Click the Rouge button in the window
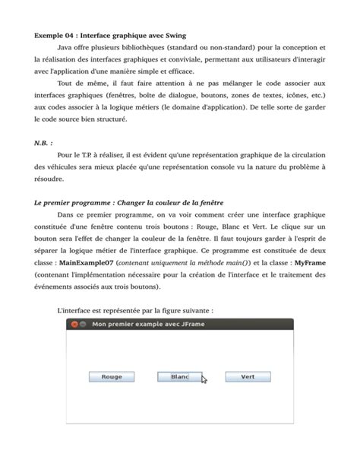112,376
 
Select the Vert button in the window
248,376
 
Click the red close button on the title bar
74,324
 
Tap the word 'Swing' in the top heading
175,36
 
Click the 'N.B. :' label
45,142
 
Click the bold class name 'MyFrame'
310,262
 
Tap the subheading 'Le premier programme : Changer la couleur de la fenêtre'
130,202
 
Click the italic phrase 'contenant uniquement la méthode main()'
188,262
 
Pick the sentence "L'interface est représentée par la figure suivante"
134,310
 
